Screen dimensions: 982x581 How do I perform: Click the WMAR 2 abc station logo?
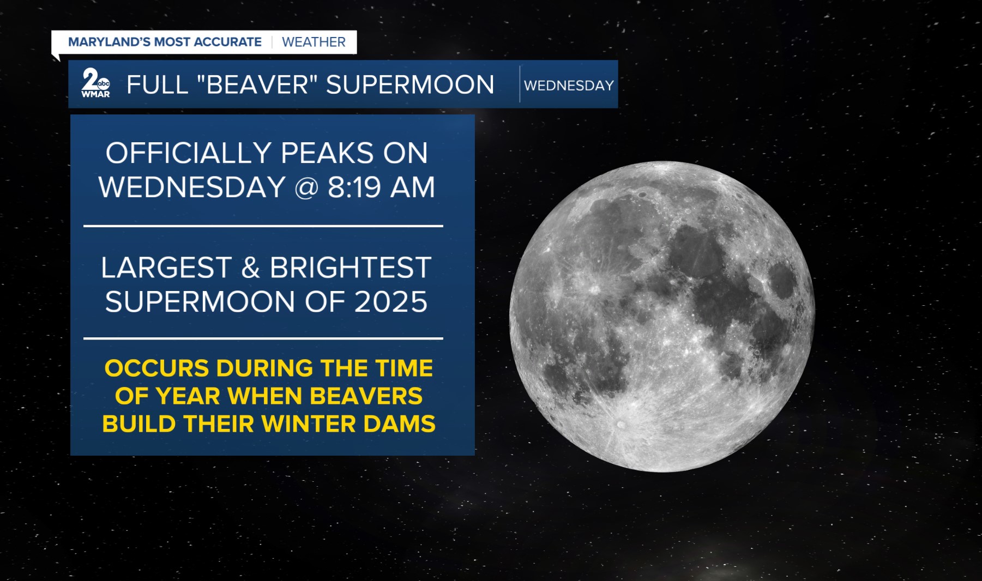pos(95,83)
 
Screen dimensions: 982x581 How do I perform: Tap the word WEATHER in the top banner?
pos(314,42)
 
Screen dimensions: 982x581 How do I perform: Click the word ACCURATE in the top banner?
pos(227,42)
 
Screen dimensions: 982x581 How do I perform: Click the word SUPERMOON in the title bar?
pos(410,84)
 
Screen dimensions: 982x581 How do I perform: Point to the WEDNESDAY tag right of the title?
pos(569,86)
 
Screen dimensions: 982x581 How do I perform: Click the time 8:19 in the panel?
pos(354,187)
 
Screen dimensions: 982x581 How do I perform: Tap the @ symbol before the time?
pos(306,188)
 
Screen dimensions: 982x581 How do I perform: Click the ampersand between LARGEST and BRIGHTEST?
pos(250,268)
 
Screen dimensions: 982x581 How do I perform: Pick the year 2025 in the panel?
pos(390,302)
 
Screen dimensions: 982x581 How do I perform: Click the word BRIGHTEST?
pos(351,268)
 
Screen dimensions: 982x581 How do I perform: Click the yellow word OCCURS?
pos(157,368)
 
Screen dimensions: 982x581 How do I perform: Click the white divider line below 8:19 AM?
pos(263,226)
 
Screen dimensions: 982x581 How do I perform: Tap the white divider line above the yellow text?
pos(263,338)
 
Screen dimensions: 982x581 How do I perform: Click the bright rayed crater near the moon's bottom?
pos(620,424)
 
